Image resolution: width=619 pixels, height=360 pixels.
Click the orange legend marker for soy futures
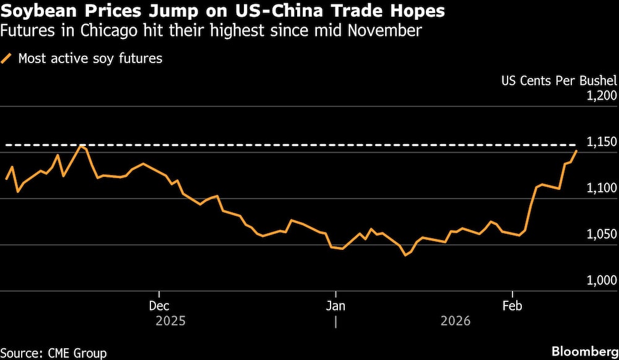(x=7, y=59)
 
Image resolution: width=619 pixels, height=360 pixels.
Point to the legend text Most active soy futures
(x=90, y=59)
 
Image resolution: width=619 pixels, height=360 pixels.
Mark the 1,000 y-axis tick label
(x=600, y=281)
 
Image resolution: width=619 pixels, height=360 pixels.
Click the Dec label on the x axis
(x=159, y=306)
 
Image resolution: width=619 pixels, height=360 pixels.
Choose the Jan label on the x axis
(x=335, y=306)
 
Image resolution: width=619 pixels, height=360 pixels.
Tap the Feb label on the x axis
(x=512, y=306)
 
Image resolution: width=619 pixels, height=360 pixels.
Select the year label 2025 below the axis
(x=170, y=322)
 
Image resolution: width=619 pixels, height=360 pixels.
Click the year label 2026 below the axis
(x=456, y=322)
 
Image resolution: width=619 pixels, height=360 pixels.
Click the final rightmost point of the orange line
(x=577, y=150)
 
